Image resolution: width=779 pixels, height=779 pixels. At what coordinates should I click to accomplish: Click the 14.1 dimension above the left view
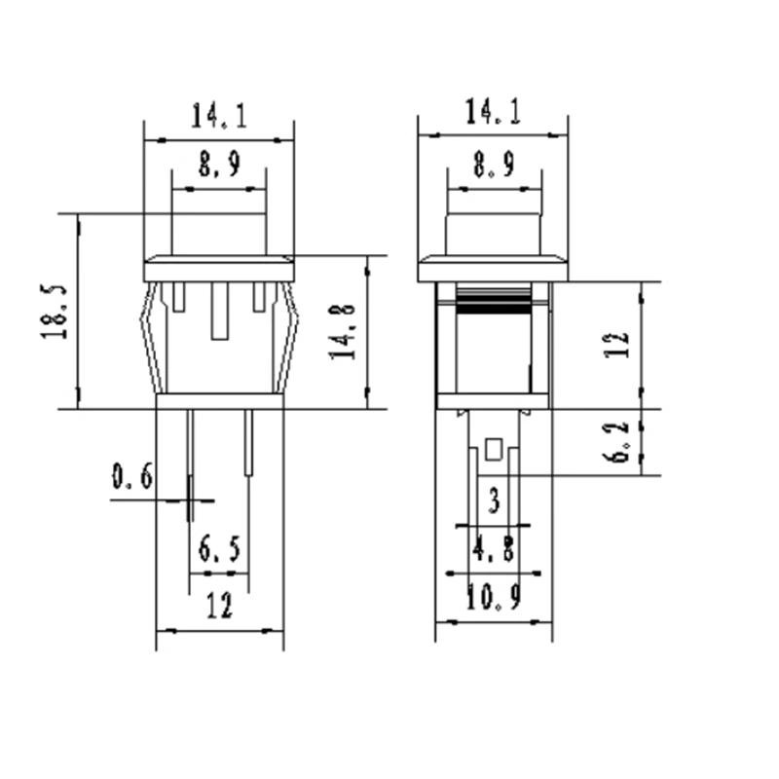point(219,118)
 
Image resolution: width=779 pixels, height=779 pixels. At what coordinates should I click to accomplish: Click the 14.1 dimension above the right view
point(493,113)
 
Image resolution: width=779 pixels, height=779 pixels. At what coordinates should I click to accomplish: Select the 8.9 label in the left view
point(219,166)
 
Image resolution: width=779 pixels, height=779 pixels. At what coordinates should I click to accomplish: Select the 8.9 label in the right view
point(493,166)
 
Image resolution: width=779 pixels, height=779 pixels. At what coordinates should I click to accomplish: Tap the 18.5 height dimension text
point(55,312)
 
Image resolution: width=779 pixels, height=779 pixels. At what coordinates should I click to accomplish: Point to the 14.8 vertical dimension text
point(342,331)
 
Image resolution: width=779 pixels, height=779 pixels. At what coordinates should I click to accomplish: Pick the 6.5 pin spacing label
point(219,550)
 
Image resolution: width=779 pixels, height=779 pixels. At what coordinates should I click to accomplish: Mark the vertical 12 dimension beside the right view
point(617,344)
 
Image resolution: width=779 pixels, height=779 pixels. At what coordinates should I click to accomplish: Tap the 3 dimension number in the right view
point(494,502)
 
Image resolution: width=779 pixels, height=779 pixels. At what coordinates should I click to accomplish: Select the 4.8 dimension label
point(494,550)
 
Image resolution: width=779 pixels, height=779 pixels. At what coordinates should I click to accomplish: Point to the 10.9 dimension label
point(494,596)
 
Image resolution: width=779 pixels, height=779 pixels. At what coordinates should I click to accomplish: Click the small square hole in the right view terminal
point(493,450)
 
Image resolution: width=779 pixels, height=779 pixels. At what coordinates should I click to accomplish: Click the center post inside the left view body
point(219,312)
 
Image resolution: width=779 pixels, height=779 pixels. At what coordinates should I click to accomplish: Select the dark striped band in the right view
point(493,304)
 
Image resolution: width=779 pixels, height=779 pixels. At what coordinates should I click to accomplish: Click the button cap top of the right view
point(493,234)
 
